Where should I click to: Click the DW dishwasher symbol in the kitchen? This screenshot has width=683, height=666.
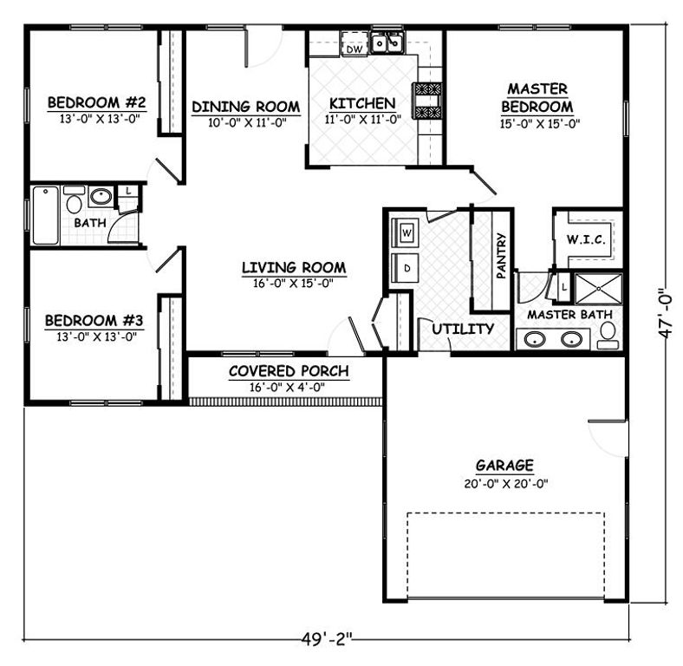(x=354, y=43)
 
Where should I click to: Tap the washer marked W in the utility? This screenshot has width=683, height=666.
(x=406, y=232)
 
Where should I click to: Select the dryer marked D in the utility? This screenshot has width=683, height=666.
(x=406, y=268)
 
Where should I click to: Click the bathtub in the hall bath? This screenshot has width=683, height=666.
(x=45, y=215)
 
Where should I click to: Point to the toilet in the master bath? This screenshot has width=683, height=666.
(x=608, y=336)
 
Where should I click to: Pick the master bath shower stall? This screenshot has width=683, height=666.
(x=599, y=288)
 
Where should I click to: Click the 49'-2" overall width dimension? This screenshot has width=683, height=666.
(x=326, y=639)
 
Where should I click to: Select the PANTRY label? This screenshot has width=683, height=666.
(x=501, y=256)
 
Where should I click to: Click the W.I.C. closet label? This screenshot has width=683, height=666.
(x=586, y=239)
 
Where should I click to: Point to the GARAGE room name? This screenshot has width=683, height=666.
(x=504, y=465)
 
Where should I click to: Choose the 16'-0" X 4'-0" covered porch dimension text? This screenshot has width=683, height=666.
(x=288, y=387)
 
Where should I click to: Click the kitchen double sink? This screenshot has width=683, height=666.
(x=387, y=42)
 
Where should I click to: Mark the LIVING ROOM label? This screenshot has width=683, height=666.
(x=294, y=267)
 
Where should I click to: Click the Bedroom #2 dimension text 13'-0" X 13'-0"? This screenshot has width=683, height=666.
(x=100, y=119)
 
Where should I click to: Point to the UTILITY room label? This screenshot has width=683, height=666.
(x=463, y=329)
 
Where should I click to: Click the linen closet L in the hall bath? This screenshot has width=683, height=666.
(x=128, y=192)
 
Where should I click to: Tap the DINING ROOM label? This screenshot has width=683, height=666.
(x=245, y=107)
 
